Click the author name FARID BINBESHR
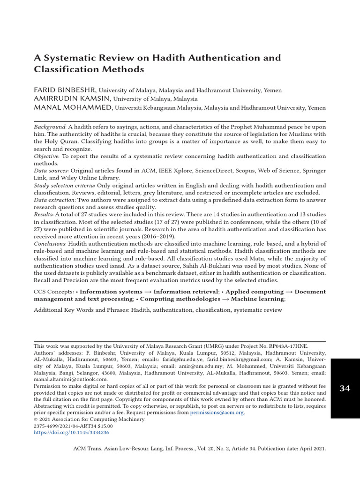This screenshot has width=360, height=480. point(65,90)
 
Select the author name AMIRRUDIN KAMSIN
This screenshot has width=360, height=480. point(73,99)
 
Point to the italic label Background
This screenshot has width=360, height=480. point(50,127)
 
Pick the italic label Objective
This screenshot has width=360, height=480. point(46,156)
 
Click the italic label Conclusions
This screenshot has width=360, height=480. point(50,244)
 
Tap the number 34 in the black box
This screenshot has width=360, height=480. point(345,388)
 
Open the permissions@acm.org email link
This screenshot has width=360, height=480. point(217,412)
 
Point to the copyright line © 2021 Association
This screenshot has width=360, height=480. point(90,420)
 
